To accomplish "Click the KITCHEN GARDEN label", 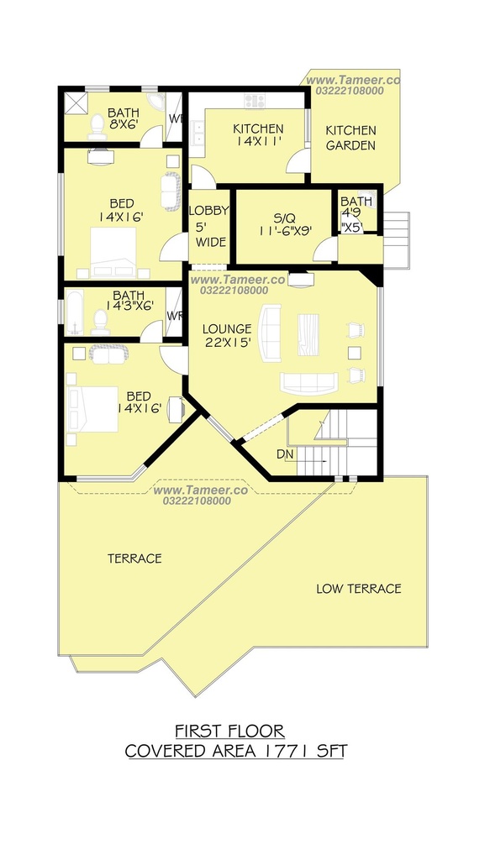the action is click(x=350, y=138).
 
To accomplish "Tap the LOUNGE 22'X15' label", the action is click(x=227, y=336).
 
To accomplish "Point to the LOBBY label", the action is click(x=208, y=211).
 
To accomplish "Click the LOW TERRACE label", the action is click(x=359, y=589).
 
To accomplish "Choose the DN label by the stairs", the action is click(x=284, y=454).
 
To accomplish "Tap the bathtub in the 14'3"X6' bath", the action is click(x=74, y=312).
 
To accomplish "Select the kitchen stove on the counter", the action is click(x=255, y=101).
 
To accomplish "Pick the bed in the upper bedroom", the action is click(x=113, y=252).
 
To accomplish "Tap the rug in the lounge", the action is click(x=308, y=334).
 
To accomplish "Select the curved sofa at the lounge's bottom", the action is click(x=309, y=383).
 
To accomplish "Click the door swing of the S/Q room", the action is click(x=324, y=250).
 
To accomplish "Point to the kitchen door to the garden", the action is click(x=297, y=160).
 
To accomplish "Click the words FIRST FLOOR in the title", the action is click(x=230, y=732).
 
